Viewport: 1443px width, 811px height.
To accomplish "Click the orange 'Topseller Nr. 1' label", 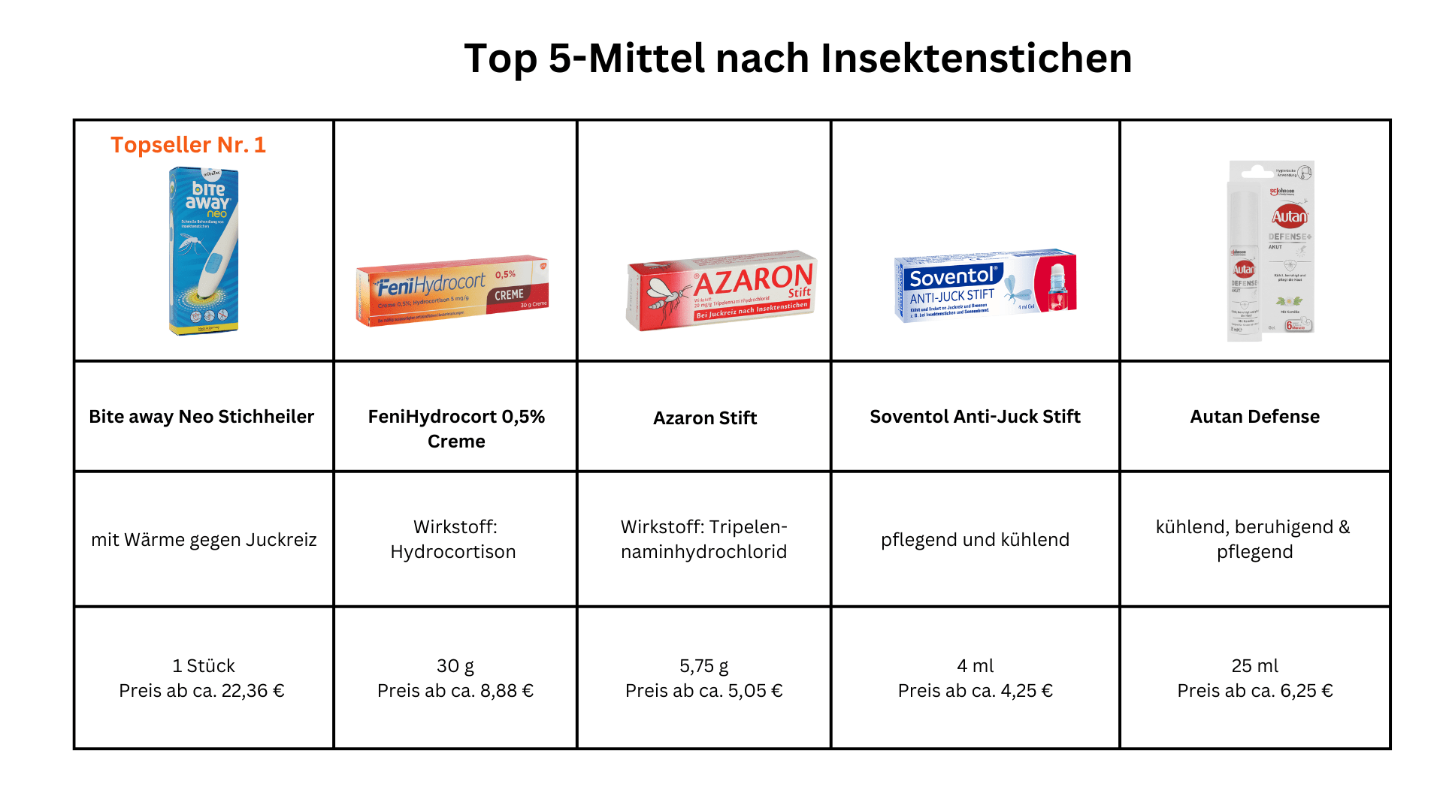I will coord(188,145).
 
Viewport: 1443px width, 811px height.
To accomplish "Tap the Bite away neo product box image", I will coord(204,251).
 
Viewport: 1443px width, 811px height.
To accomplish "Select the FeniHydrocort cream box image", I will coord(452,291).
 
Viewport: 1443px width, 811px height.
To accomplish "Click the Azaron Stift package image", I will coord(721,291).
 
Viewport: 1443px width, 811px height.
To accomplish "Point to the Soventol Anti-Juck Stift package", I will coord(985,286).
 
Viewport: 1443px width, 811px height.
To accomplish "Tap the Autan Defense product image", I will coord(1271,251).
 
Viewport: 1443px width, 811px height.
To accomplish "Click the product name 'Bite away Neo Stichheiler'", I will coord(201,417).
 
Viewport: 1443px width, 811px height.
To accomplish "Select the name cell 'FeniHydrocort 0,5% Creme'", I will coord(456,429).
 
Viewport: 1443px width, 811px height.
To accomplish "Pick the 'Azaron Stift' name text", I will coord(705,418).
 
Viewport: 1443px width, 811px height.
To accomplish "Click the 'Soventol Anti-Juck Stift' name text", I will coord(975,417).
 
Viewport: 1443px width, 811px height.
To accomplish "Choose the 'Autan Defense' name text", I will coord(1254,417).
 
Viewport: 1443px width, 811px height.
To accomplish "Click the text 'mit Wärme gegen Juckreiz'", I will coord(204,540).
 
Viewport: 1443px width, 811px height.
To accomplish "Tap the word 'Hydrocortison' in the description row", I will coord(453,552).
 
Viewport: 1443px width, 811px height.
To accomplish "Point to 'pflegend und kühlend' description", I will coord(975,540).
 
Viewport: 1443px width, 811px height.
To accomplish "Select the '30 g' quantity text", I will coord(455,666).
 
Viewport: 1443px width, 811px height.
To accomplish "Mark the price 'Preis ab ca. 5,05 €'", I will coord(704,691).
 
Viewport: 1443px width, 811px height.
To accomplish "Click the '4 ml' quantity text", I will coord(975,666).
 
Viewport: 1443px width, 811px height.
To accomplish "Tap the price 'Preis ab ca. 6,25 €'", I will coord(1254,691).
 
